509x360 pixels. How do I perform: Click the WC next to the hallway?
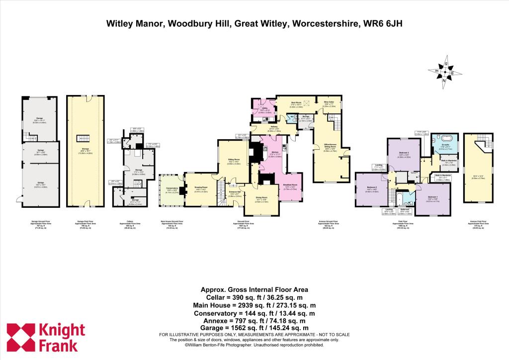click(292, 117)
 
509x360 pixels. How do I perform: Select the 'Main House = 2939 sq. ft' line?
click(254, 305)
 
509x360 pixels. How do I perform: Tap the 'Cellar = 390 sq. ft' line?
click(254, 297)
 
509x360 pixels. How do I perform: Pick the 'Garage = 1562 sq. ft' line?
click(254, 328)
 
